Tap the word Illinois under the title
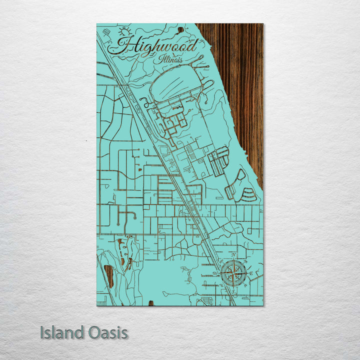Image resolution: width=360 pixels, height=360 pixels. pyautogui.click(x=171, y=59)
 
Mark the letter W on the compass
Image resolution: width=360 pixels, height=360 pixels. pyautogui.click(x=218, y=273)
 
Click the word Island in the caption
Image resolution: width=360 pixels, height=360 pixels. pyautogui.click(x=61, y=332)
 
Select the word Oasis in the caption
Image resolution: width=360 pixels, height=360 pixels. pyautogui.click(x=106, y=332)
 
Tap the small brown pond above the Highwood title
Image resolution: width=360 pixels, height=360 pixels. pyautogui.click(x=180, y=29)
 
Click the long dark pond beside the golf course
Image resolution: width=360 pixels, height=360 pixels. pyautogui.click(x=108, y=276)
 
